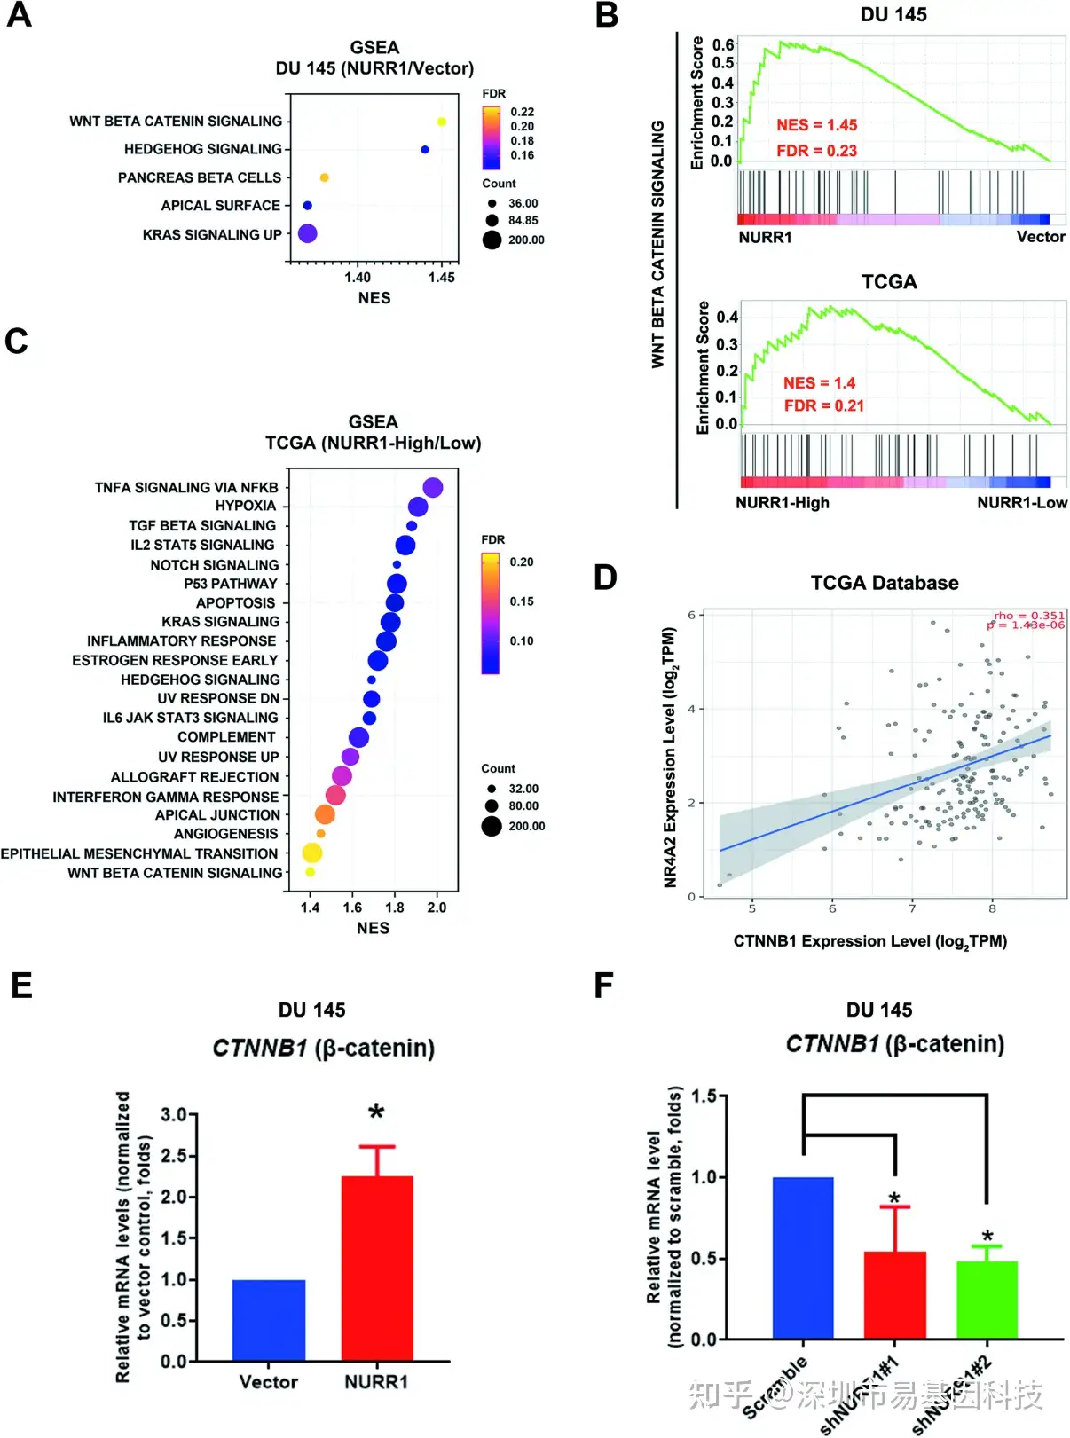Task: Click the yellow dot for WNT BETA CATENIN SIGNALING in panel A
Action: coord(441,122)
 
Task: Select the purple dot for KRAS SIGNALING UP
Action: coord(308,233)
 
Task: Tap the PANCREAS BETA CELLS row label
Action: coord(200,177)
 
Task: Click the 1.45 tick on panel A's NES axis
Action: coord(441,278)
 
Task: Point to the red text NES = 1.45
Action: coord(816,125)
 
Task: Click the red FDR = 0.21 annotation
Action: coord(823,405)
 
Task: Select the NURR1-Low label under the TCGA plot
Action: coord(1022,503)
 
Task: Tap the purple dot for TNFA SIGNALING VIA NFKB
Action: coord(433,487)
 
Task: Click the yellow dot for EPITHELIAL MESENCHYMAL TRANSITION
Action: coord(311,853)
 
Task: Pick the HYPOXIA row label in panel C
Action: coord(246,506)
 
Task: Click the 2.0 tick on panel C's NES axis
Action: coord(437,908)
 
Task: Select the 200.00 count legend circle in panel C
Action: coord(492,827)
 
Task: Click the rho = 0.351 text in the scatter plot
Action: coord(1028,615)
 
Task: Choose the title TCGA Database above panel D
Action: coord(884,583)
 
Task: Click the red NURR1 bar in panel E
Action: coord(377,1269)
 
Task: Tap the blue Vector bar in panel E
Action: coord(269,1320)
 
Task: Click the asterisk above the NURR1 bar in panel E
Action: coord(377,1113)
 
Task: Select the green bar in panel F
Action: coord(987,1300)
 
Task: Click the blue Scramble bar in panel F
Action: coord(803,1258)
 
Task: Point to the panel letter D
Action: coord(605,578)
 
